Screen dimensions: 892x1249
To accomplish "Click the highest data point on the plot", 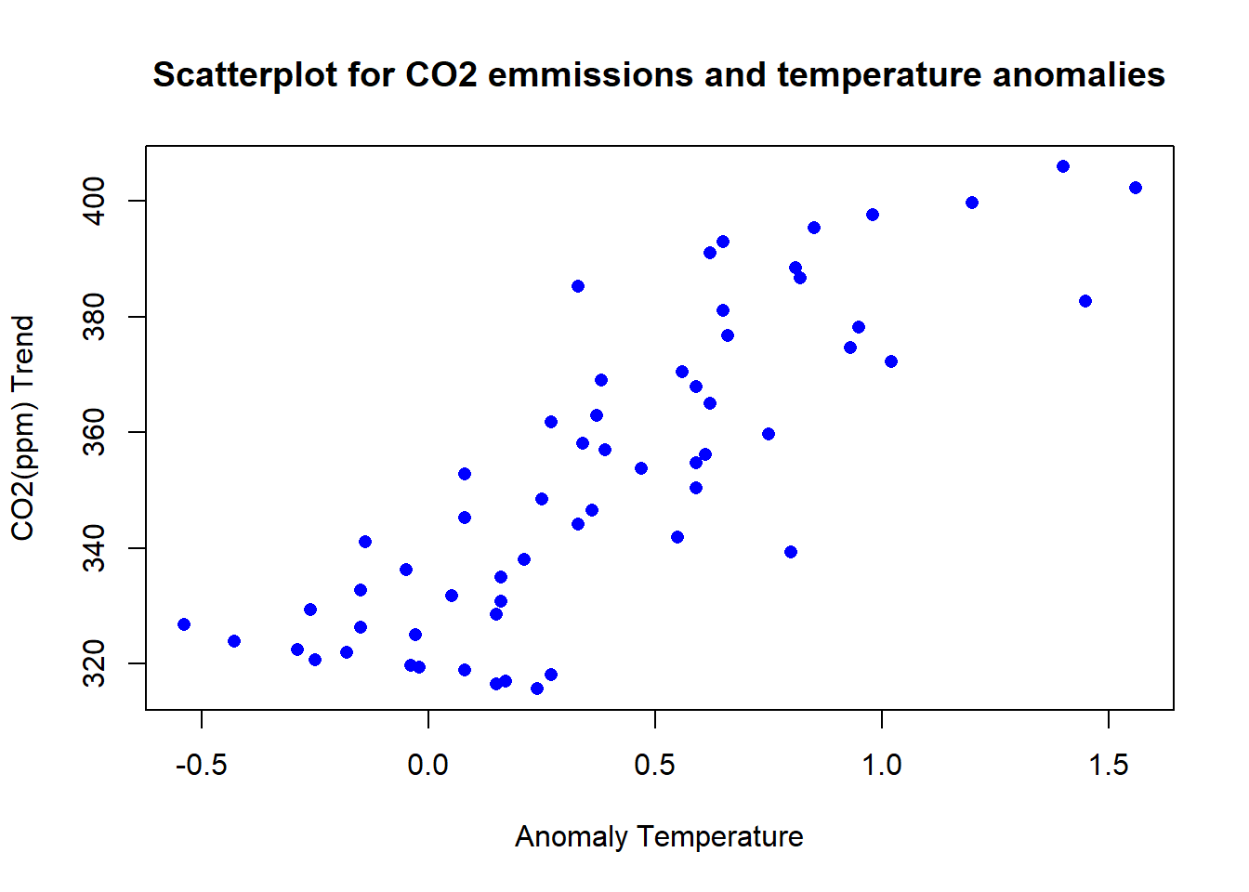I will [x=1063, y=166].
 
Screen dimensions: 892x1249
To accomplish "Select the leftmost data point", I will [x=184, y=624].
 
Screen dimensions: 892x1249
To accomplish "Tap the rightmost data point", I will [x=1136, y=188].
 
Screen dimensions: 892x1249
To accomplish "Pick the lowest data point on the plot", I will [x=537, y=689].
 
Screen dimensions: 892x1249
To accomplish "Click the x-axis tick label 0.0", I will [x=428, y=766].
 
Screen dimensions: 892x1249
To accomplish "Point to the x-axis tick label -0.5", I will [x=202, y=766].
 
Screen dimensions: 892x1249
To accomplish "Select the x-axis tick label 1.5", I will [x=1109, y=766].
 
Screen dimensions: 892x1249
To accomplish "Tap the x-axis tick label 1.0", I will [x=882, y=766].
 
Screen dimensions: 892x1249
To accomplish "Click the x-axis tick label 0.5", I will [x=655, y=766].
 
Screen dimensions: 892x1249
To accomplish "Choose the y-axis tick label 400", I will [x=95, y=201].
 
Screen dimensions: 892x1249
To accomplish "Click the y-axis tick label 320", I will [x=95, y=663].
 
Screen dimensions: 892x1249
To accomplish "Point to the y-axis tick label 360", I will [x=95, y=432].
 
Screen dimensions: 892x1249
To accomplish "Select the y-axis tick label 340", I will [x=95, y=548].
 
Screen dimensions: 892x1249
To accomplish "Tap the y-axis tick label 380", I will [x=95, y=317].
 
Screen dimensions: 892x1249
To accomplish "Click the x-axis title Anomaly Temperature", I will [x=659, y=837].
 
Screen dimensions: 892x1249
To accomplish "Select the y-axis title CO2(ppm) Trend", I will [x=22, y=427].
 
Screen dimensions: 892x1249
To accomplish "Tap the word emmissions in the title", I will [x=590, y=75].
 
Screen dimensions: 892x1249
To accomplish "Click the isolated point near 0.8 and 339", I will [x=791, y=552].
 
